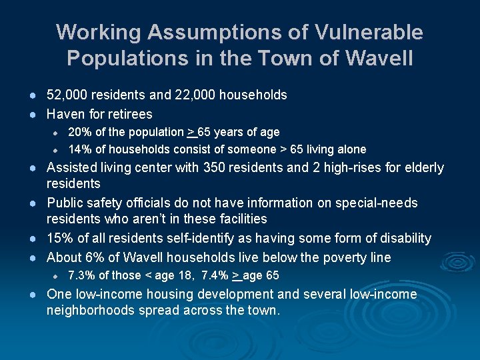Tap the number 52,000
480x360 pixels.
coord(67,95)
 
